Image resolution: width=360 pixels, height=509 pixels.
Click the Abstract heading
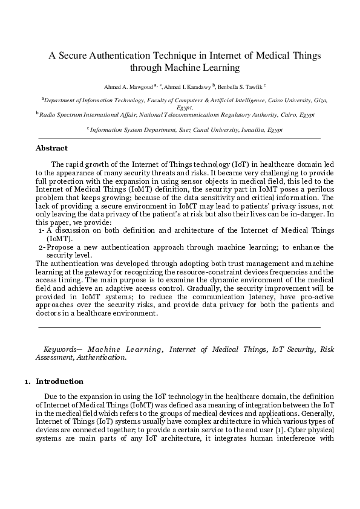pyautogui.click(x=51, y=148)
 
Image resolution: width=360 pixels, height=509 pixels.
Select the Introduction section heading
pyautogui.click(x=60, y=382)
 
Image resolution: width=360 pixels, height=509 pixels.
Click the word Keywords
pyautogui.click(x=61, y=349)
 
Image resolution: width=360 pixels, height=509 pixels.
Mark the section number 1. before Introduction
pyautogui.click(x=27, y=382)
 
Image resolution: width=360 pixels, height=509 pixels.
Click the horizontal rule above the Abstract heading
pyautogui.click(x=179, y=138)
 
